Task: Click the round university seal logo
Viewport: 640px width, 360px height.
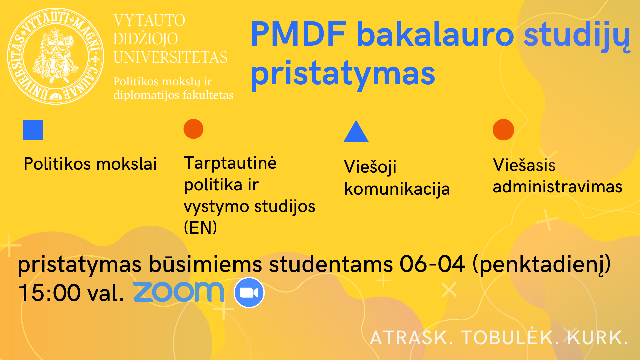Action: pyautogui.click(x=56, y=56)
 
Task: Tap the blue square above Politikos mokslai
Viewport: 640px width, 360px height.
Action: pyautogui.click(x=33, y=130)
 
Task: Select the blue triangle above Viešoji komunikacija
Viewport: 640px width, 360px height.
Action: pyautogui.click(x=356, y=131)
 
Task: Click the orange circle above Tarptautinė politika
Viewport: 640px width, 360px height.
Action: pyautogui.click(x=193, y=129)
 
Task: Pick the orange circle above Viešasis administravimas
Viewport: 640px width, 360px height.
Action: pyautogui.click(x=503, y=129)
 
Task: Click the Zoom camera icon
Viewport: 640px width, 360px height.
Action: pyautogui.click(x=249, y=292)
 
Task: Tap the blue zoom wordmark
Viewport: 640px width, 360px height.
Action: pyautogui.click(x=178, y=292)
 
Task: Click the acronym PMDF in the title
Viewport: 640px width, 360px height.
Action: pyautogui.click(x=299, y=34)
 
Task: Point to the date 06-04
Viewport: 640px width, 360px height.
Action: pyautogui.click(x=432, y=264)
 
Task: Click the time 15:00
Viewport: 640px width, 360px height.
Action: pyautogui.click(x=50, y=293)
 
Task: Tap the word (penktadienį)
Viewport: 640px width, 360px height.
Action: pyautogui.click(x=542, y=265)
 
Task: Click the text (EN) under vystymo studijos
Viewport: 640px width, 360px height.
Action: pyautogui.click(x=200, y=228)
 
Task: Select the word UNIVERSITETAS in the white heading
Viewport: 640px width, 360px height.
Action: pyautogui.click(x=170, y=57)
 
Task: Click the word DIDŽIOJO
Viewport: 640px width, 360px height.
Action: pyautogui.click(x=145, y=39)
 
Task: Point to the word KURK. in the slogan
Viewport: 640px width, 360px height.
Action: pyautogui.click(x=598, y=337)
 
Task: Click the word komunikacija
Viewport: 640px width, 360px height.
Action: pyautogui.click(x=397, y=189)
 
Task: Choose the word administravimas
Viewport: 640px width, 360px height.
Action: pyautogui.click(x=558, y=186)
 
